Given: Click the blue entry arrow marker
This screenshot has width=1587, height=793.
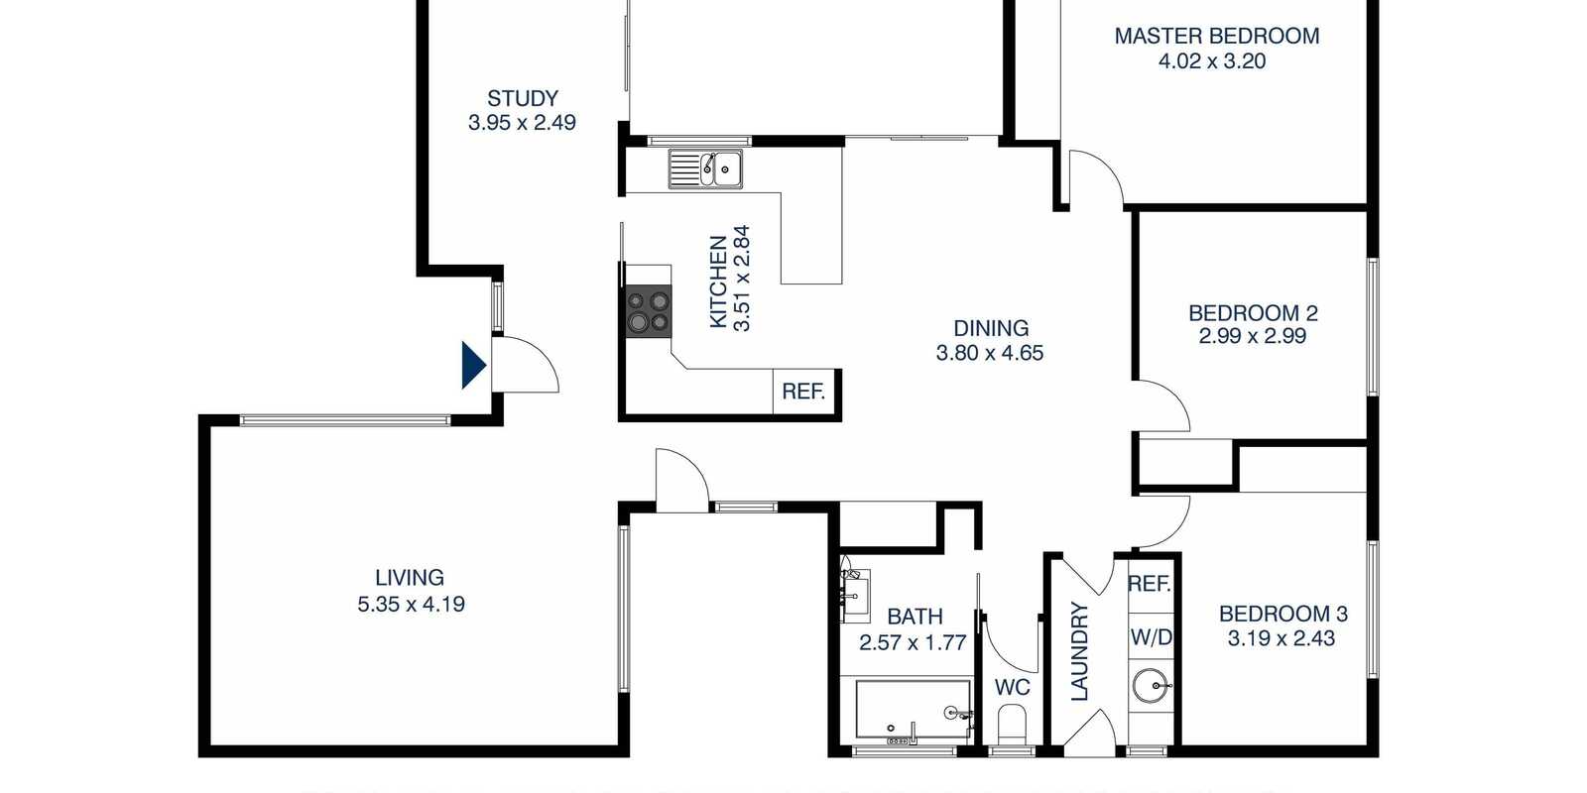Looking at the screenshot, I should click(x=473, y=365).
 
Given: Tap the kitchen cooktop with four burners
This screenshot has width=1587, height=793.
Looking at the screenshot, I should click(x=648, y=311).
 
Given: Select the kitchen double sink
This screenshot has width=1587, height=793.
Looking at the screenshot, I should click(x=705, y=170).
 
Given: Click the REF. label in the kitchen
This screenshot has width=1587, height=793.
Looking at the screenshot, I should click(x=802, y=392).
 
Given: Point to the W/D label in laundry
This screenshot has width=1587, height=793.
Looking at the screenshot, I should click(x=1151, y=637).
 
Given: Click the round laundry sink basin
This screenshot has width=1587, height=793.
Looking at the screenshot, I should click(x=1151, y=685).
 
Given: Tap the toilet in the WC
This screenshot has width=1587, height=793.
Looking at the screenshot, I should click(x=1013, y=725).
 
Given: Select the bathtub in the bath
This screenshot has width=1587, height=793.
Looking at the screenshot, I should click(x=913, y=710).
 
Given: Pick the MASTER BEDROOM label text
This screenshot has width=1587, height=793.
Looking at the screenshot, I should click(x=1216, y=37).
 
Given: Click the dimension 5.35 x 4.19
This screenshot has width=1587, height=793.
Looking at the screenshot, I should click(x=411, y=604).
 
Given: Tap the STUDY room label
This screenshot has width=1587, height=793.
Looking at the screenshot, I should click(x=522, y=98).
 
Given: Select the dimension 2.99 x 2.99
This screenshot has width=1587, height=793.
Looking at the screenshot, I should click(x=1252, y=336).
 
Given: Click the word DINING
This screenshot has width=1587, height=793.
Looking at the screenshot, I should click(x=990, y=328).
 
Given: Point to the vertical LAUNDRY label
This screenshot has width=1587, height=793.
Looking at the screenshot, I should click(x=1079, y=651).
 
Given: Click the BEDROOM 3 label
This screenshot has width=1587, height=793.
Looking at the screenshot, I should click(x=1282, y=614).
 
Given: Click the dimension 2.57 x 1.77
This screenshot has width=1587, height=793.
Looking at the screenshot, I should click(x=912, y=642).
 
